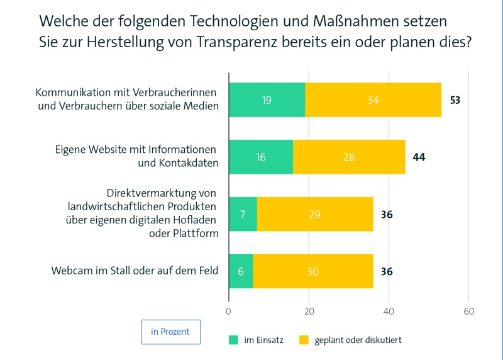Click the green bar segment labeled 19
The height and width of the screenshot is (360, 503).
267,100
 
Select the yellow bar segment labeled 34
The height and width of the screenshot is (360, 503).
373,100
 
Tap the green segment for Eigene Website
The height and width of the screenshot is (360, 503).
261,157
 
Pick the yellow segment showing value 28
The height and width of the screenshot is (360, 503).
349,157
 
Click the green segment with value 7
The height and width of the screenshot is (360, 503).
243,214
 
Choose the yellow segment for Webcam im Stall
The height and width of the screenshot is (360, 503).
313,271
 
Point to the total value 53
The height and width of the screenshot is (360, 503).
455,100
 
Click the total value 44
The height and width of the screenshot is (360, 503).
419,157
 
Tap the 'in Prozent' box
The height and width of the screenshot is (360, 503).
170,332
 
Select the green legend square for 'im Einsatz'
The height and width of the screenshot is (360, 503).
233,340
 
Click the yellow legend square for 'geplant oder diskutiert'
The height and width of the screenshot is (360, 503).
304,340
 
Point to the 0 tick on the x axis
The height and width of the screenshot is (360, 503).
228,311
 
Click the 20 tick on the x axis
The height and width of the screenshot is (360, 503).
309,311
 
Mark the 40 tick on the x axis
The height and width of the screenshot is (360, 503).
389,311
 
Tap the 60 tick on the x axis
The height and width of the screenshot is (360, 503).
468,311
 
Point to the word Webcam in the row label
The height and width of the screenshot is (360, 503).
70,271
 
